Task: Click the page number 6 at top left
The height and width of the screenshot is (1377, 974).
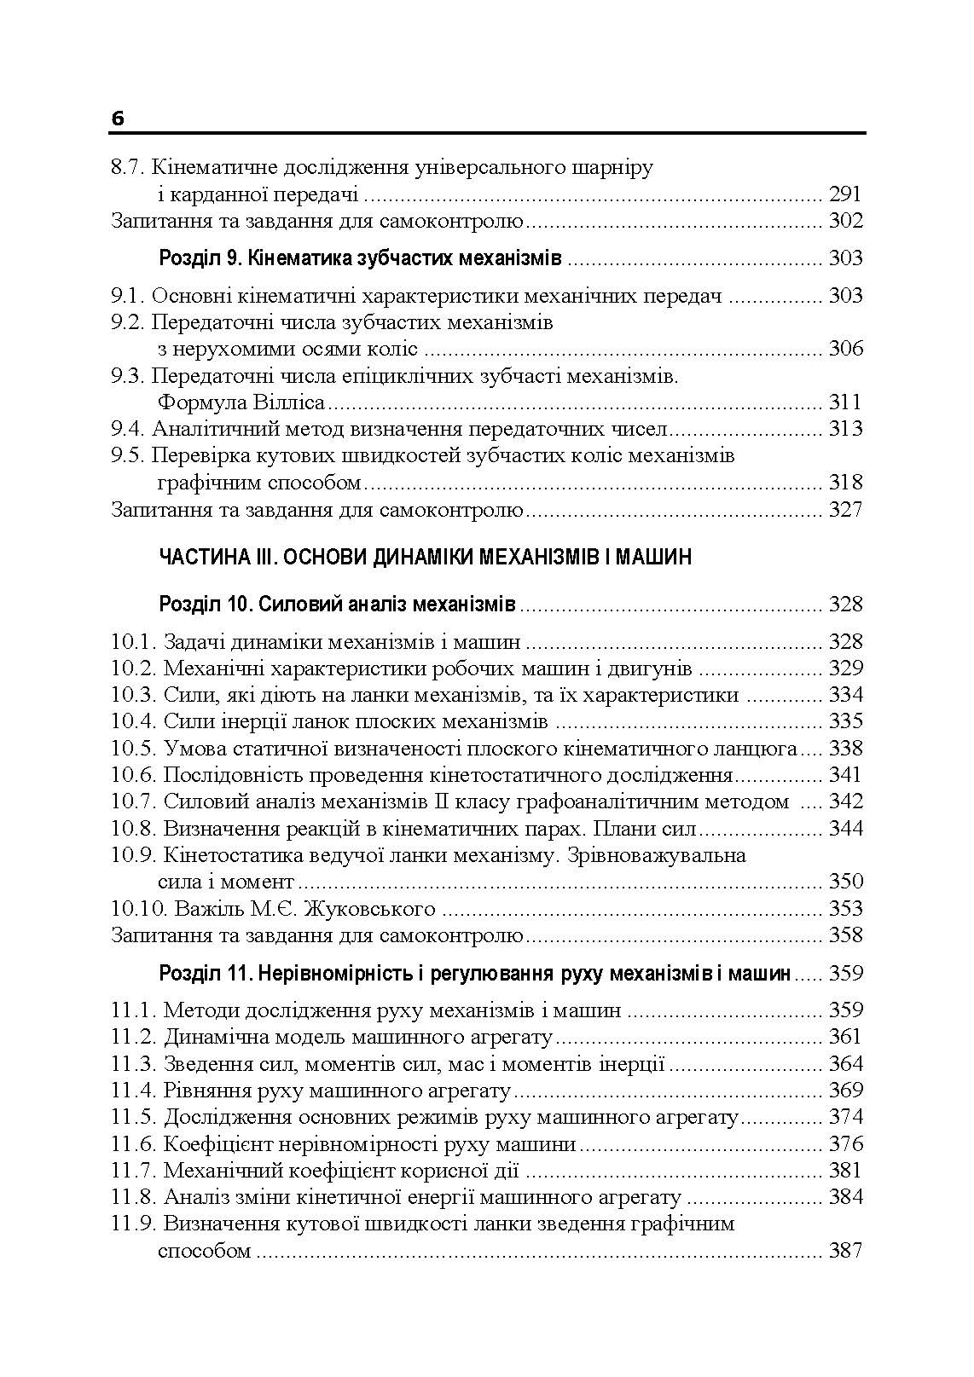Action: coord(118,119)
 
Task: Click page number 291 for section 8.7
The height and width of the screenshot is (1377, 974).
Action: coord(845,194)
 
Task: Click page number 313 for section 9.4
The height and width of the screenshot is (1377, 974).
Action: coord(845,429)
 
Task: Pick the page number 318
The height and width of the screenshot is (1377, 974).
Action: coord(845,483)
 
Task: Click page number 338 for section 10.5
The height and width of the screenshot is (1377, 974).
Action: coord(845,749)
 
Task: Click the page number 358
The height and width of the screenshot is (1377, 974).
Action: coord(845,935)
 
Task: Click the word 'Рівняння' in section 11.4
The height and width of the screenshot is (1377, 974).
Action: coord(204,1091)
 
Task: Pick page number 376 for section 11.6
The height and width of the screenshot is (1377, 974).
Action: coord(845,1144)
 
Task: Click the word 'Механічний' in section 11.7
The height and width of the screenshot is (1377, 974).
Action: coord(218,1171)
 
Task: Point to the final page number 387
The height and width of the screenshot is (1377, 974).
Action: coord(845,1251)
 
